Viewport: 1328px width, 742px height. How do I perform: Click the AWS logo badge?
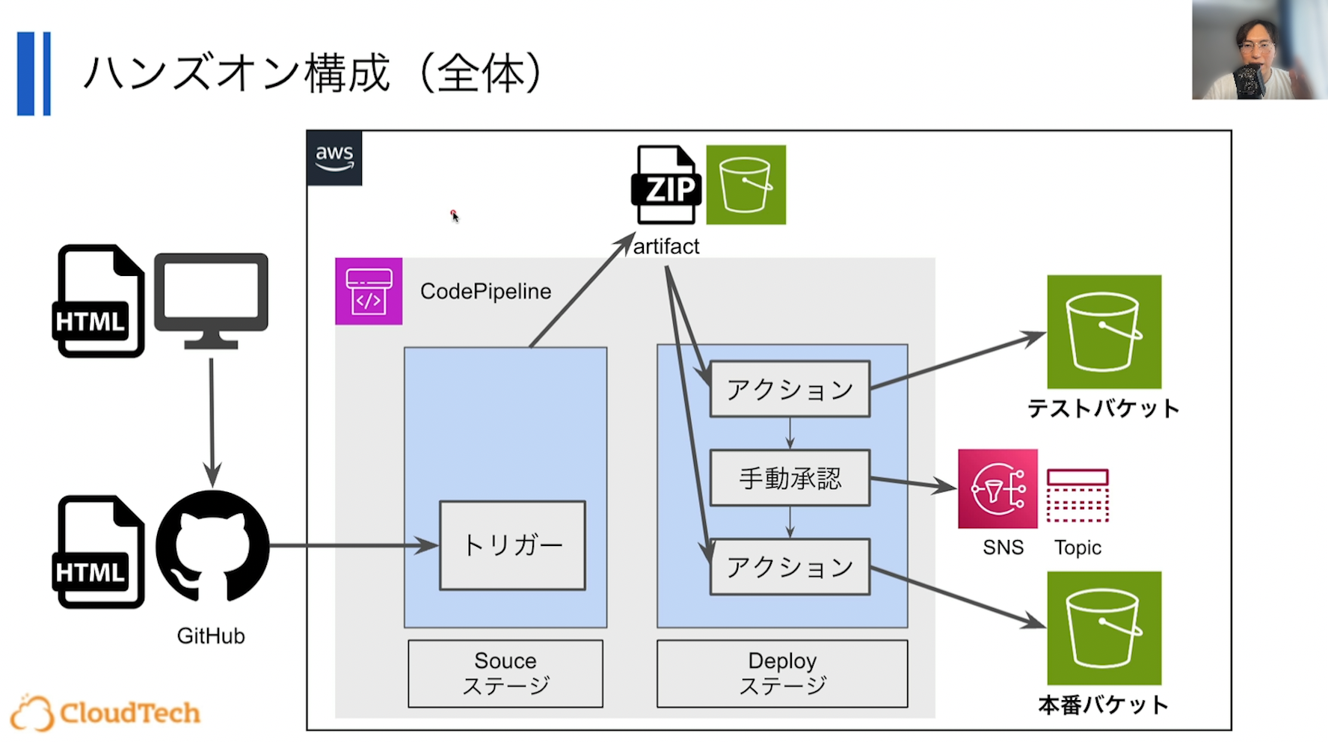tap(334, 158)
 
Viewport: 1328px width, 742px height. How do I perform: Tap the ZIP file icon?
tap(666, 185)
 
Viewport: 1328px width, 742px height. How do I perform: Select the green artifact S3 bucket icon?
tap(746, 185)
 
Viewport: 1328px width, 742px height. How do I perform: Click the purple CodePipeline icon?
tap(369, 291)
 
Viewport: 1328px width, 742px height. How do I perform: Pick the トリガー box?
tap(512, 545)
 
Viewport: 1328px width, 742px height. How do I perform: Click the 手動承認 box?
tap(790, 478)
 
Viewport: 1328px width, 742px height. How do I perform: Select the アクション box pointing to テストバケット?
tap(790, 389)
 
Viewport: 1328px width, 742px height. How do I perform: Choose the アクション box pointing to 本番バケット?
tap(790, 567)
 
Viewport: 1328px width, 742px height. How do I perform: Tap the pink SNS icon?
tap(997, 489)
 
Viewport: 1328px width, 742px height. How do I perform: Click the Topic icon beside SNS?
tap(1078, 495)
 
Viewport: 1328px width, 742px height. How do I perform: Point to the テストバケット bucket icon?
tap(1104, 331)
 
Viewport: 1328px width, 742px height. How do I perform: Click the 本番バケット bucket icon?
tap(1104, 628)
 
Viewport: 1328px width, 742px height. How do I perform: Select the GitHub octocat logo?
tap(212, 547)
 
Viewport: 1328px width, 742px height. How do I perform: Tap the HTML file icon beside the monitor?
tap(99, 301)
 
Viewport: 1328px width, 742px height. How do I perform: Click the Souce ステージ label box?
tap(505, 673)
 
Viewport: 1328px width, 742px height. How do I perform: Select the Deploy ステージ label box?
tap(782, 673)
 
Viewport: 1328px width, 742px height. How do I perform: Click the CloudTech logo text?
tap(129, 713)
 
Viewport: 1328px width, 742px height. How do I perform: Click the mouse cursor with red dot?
tap(454, 215)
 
